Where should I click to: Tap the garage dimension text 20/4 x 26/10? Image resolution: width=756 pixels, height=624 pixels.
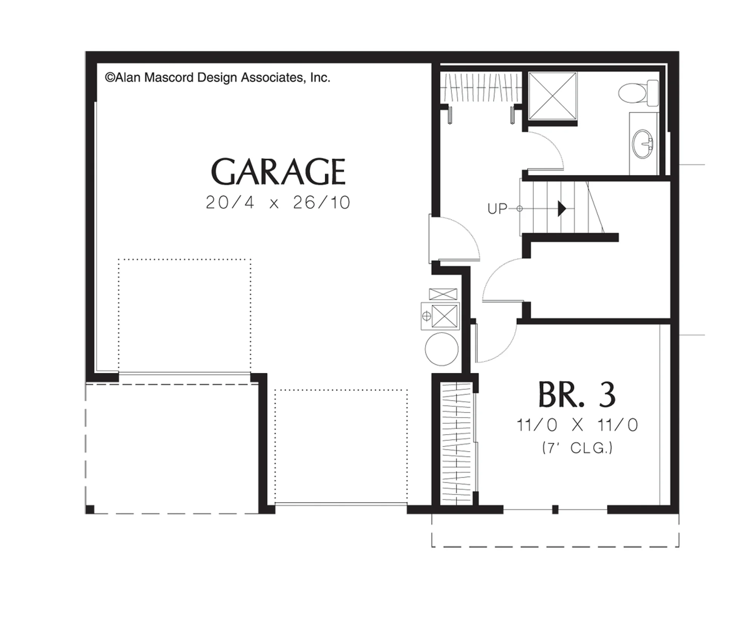[278, 203]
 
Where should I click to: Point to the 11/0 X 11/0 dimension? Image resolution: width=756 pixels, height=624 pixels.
[577, 425]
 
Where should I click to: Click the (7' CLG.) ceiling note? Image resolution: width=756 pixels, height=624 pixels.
[577, 448]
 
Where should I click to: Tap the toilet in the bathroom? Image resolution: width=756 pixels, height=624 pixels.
[638, 93]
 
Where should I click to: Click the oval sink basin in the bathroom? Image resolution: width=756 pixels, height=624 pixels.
[642, 144]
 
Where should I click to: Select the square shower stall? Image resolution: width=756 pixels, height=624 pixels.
[552, 96]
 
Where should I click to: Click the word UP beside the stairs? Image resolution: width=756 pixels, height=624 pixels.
[497, 209]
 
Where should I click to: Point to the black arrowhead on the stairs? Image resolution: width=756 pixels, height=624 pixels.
[562, 209]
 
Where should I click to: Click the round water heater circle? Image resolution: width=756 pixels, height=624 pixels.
[442, 349]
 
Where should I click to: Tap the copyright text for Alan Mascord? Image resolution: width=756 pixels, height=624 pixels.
[218, 78]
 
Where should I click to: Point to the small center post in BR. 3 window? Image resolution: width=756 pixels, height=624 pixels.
[555, 509]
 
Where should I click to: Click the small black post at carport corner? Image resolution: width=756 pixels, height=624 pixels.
[90, 509]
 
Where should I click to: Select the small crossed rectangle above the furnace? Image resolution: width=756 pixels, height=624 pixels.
[443, 294]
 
